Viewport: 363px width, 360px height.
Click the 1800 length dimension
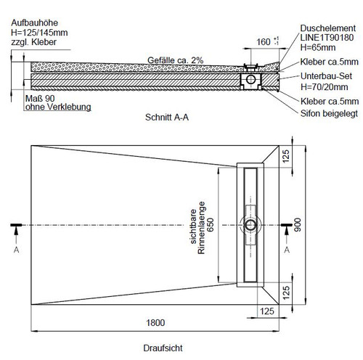155,322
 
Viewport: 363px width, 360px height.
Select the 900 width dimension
298,224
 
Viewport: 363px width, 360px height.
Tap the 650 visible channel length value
211,225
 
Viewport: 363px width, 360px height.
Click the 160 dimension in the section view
264,42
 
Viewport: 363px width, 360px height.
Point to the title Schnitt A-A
167,117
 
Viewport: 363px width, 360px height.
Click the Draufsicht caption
163,348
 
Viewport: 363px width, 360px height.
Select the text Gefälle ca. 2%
175,60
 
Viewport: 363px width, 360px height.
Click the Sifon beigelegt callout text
329,113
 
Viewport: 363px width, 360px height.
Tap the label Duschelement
328,28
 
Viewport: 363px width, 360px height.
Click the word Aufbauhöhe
35,22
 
